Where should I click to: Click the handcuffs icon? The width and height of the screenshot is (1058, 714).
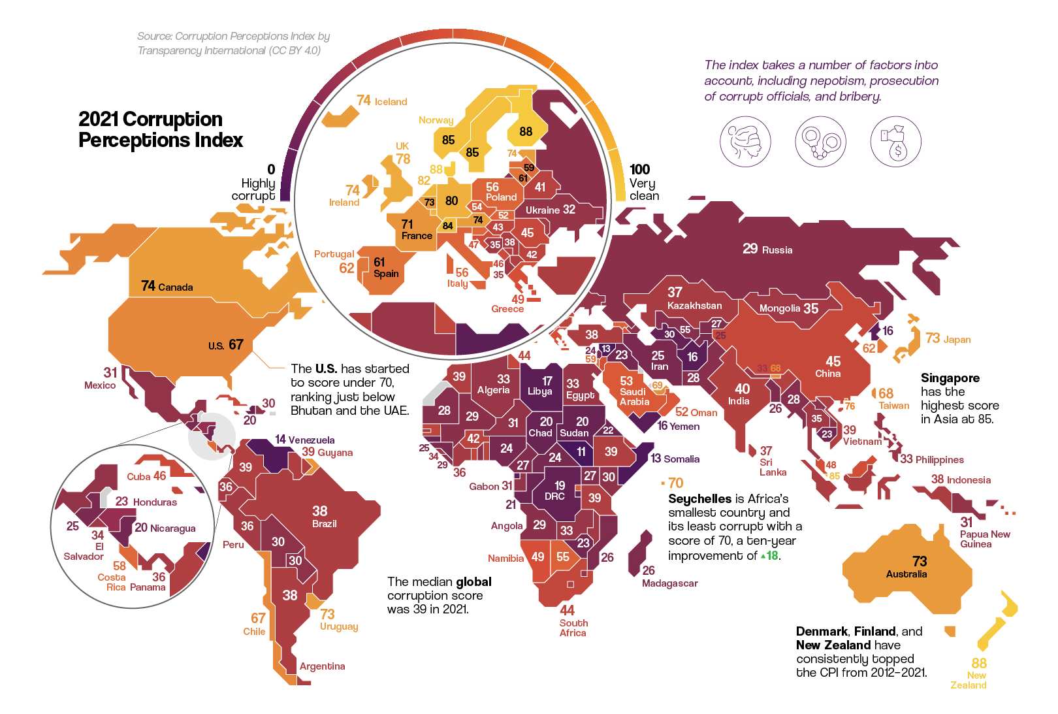[820, 142]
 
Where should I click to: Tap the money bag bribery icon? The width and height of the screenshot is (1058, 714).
[895, 142]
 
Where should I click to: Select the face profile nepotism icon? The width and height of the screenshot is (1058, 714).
[745, 142]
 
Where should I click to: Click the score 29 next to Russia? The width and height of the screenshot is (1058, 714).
[750, 249]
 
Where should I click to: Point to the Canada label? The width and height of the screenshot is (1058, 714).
[175, 287]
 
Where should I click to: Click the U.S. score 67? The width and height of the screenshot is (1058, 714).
[236, 345]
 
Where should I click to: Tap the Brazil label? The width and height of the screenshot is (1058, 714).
[324, 524]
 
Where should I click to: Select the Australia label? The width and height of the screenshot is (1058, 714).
[906, 574]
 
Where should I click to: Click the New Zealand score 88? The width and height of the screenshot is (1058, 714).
[978, 663]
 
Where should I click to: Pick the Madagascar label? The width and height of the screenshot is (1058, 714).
[669, 583]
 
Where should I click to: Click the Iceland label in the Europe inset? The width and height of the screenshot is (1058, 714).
[391, 102]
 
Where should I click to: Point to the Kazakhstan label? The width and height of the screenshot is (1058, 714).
[694, 306]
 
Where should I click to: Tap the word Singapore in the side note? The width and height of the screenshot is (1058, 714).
[950, 378]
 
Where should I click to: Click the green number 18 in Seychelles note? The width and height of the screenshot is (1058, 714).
[773, 556]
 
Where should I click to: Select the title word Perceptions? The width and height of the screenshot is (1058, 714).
[160, 140]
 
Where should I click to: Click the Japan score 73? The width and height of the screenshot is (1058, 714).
[932, 338]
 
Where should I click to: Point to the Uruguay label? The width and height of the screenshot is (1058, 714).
[338, 626]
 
